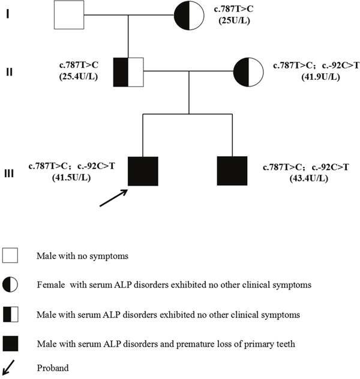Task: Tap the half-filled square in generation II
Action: [128, 72]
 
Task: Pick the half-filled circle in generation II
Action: [250, 72]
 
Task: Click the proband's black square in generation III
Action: [143, 171]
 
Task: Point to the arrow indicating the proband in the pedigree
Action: [114, 199]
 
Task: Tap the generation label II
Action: [9, 71]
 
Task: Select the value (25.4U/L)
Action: [76, 78]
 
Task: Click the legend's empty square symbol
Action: [10, 255]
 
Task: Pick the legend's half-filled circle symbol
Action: [10, 284]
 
